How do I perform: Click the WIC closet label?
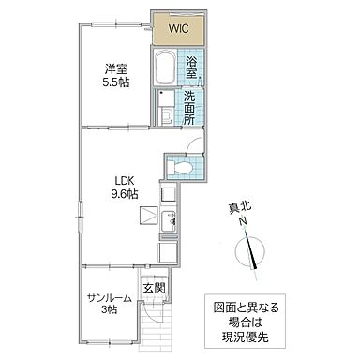(178, 28)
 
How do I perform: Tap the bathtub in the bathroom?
(165, 68)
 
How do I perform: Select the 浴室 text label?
(191, 67)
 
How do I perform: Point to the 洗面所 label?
(189, 108)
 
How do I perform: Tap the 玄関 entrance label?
(153, 288)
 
